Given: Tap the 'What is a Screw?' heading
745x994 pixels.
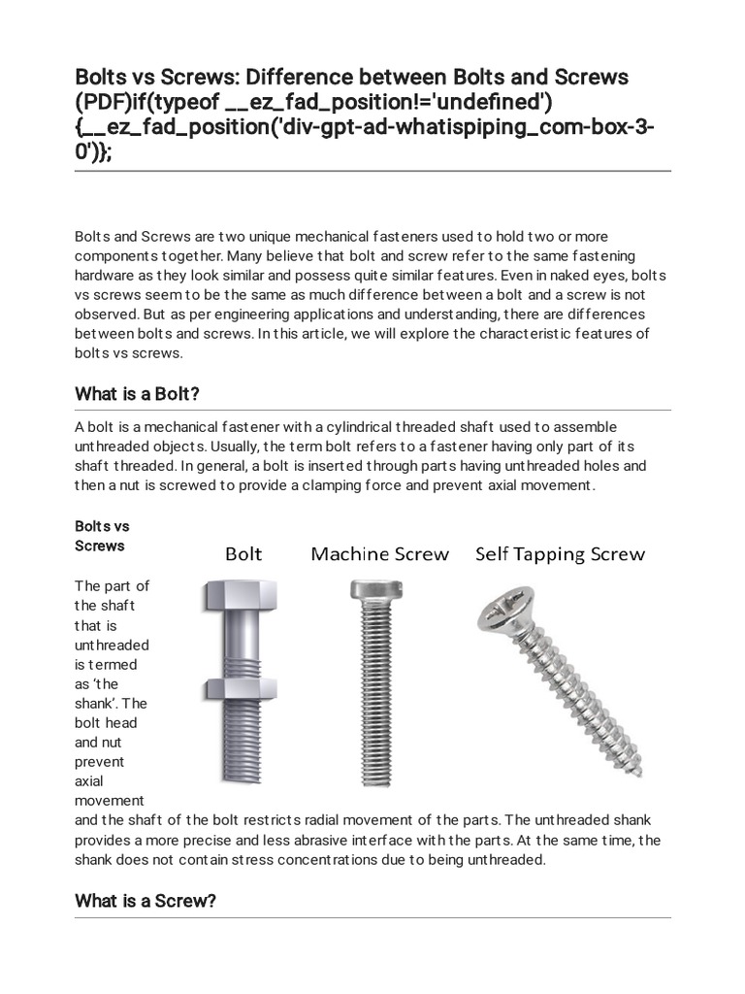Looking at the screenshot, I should (x=145, y=901).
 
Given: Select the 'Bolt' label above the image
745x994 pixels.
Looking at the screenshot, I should (x=243, y=554).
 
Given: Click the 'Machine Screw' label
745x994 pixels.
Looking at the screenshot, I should (x=379, y=554).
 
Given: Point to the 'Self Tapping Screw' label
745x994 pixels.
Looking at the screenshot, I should (x=560, y=554).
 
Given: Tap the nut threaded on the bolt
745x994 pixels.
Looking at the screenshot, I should (x=232, y=688).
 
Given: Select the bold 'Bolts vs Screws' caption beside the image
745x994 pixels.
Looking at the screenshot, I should (x=102, y=536).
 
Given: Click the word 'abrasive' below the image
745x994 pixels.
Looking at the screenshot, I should (x=395, y=840).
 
